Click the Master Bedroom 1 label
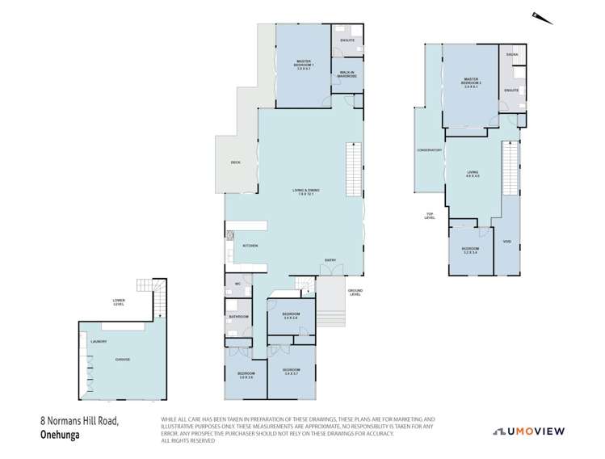tap(304, 64)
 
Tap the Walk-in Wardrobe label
tap(348, 74)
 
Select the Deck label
tap(235, 162)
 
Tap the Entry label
tap(330, 259)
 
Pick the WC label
tap(238, 284)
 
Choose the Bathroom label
tap(238, 317)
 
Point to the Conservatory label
tap(429, 150)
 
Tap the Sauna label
tap(511, 54)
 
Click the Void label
tap(506, 242)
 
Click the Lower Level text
tap(119, 304)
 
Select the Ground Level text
tap(355, 292)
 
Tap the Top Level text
tap(430, 216)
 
